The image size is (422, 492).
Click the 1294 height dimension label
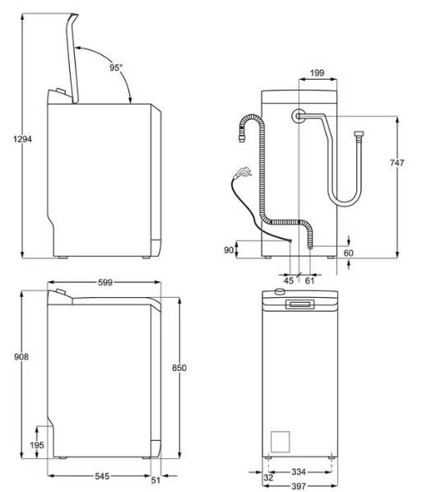pyautogui.click(x=22, y=139)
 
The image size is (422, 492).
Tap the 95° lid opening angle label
pyautogui.click(x=116, y=67)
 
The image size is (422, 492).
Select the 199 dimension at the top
pyautogui.click(x=317, y=72)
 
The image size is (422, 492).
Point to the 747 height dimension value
pyautogui.click(x=396, y=163)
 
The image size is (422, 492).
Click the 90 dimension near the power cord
pyautogui.click(x=229, y=250)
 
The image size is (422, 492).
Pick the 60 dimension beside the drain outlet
pyautogui.click(x=349, y=253)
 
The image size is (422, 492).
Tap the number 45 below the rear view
pyautogui.click(x=289, y=281)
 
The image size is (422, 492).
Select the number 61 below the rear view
pyautogui.click(x=309, y=281)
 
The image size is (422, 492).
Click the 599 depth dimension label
pyautogui.click(x=105, y=282)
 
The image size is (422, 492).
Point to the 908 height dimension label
pyautogui.click(x=21, y=357)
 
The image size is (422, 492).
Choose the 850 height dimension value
pyautogui.click(x=179, y=368)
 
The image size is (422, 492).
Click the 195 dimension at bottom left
pyautogui.click(x=37, y=445)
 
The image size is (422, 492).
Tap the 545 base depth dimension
pyautogui.click(x=102, y=476)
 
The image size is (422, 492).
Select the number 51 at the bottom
pyautogui.click(x=155, y=480)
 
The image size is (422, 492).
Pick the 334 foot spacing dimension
pyautogui.click(x=299, y=471)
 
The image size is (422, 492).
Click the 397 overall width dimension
pyautogui.click(x=299, y=486)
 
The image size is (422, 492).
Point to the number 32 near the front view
pyautogui.click(x=268, y=477)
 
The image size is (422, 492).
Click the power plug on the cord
pyautogui.click(x=243, y=172)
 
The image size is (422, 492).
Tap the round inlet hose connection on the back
pyautogui.click(x=299, y=116)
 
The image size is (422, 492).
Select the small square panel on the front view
pyautogui.click(x=281, y=442)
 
